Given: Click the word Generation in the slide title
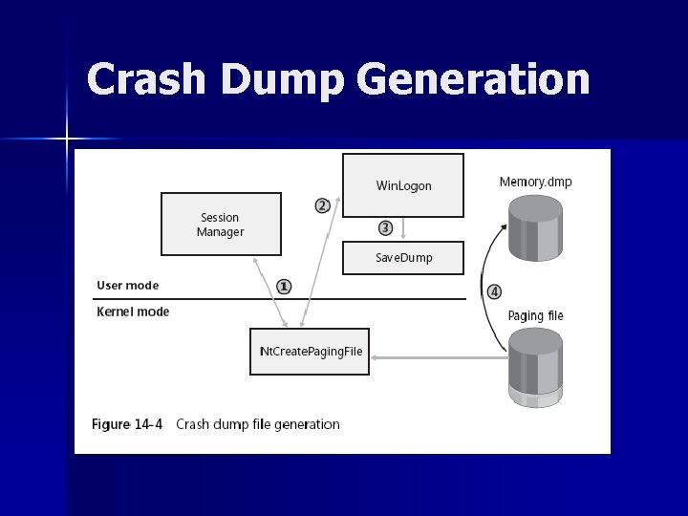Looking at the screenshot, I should pos(484,79).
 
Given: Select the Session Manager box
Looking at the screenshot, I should pos(221,225).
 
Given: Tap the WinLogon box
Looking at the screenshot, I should pos(403,185).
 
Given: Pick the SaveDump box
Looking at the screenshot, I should pos(403,258).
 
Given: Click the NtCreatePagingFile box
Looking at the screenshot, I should pos(311,352).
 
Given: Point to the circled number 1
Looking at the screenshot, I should pos(285,286).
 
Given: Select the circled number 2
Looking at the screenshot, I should pos(323,205).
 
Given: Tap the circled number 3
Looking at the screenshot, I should pos(385,227).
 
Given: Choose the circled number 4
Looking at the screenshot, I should pos(494,290).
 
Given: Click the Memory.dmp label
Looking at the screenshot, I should pos(536,182).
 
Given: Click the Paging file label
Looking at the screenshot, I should pos(536,315).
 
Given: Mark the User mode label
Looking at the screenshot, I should pos(128,285).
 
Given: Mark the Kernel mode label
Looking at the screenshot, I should pos(133,312).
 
